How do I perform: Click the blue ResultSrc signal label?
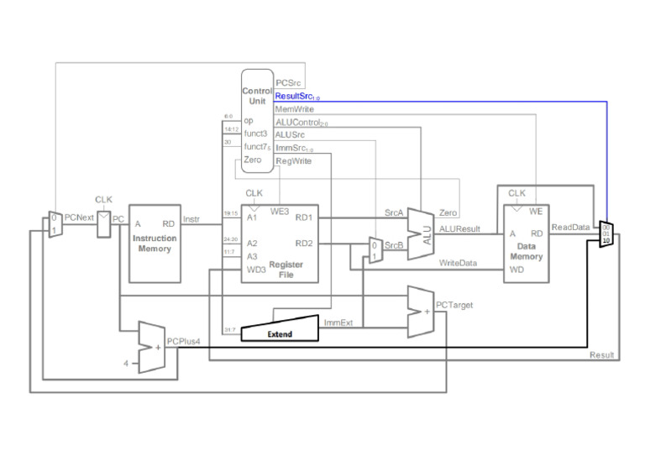click(296, 97)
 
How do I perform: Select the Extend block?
click(280, 333)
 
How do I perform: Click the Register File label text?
click(286, 269)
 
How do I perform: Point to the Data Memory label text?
click(527, 251)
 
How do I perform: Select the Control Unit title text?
click(257, 96)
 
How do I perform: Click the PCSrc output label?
click(289, 83)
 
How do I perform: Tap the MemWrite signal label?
click(294, 110)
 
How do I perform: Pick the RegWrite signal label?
click(293, 160)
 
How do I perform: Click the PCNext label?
click(79, 218)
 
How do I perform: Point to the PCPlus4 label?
click(183, 342)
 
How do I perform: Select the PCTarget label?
click(454, 305)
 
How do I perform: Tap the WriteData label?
click(458, 263)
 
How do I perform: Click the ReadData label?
click(570, 227)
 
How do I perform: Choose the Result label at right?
click(601, 355)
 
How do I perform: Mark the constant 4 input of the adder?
click(126, 363)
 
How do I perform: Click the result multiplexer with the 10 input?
click(606, 234)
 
